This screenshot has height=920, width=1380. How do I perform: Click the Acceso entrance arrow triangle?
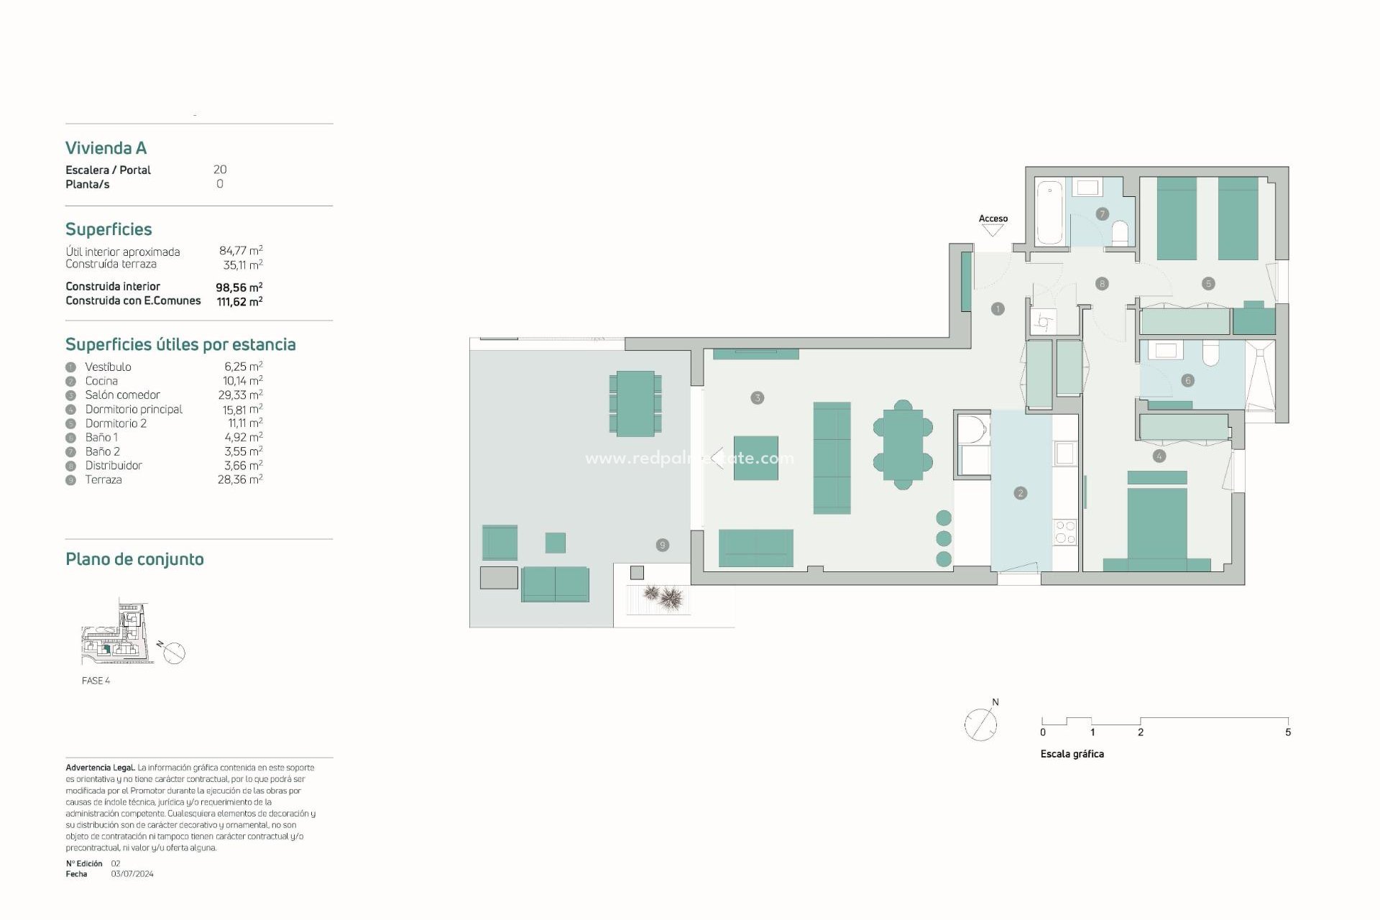tap(993, 231)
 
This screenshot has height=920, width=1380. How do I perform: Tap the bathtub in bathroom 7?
tap(1050, 213)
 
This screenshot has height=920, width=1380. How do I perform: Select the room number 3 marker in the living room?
tap(757, 397)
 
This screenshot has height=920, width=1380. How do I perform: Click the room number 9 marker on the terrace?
tap(663, 545)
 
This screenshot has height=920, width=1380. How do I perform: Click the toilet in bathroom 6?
tap(1210, 354)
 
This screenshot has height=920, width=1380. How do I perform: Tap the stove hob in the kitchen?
tap(1065, 532)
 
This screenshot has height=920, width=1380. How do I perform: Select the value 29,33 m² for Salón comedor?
tap(240, 395)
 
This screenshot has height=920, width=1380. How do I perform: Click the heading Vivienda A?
tap(106, 148)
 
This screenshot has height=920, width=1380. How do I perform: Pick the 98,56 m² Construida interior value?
tap(239, 287)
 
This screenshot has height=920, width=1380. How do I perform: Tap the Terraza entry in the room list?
tap(103, 480)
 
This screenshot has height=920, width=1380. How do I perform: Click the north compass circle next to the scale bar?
tap(980, 724)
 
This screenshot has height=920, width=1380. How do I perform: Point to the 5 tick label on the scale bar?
tap(1287, 732)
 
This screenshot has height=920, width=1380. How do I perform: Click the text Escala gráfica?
tap(1072, 754)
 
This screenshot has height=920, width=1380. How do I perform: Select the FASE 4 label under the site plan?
tap(96, 681)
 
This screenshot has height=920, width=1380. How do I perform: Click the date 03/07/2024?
tap(132, 874)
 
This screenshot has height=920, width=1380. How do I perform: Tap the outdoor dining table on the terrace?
tap(635, 403)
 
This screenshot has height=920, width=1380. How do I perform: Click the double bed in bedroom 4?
tap(1156, 525)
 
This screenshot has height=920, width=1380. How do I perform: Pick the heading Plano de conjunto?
tap(134, 559)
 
